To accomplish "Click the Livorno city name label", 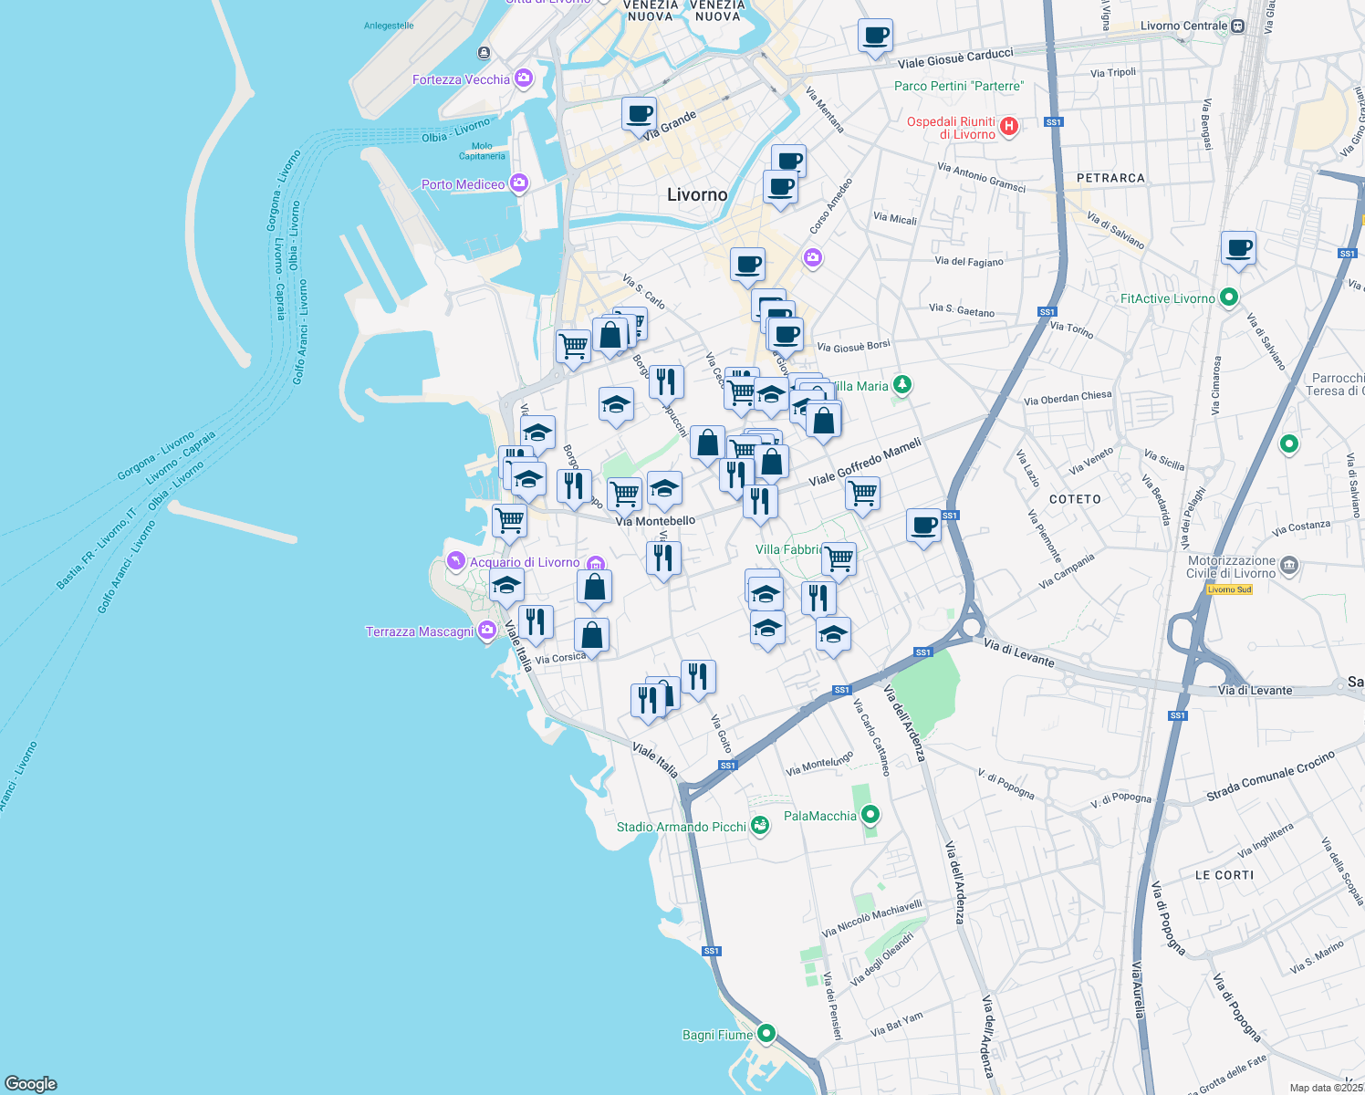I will click(697, 194).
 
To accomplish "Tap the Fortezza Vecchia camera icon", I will click(524, 78).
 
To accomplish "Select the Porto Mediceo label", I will click(463, 184).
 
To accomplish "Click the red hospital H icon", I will click(1009, 126).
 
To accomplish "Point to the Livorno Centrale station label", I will click(1183, 26).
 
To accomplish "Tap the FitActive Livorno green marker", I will click(1229, 297).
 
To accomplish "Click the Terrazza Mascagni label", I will click(420, 631).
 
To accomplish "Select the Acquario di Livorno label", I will click(525, 562).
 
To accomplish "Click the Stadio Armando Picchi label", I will click(681, 827).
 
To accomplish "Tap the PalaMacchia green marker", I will click(870, 814).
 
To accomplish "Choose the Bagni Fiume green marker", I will click(766, 1033).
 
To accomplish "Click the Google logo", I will click(31, 1084).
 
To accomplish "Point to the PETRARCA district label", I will click(1110, 178).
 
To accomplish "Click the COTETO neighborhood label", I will click(1075, 499).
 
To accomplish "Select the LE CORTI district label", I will click(1224, 875).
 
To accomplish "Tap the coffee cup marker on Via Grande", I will click(639, 115).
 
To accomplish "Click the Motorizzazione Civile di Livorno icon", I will click(1288, 566).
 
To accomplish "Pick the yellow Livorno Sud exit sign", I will click(1229, 589).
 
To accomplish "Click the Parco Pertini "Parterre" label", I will click(959, 86).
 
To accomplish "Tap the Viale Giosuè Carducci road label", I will click(955, 58).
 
